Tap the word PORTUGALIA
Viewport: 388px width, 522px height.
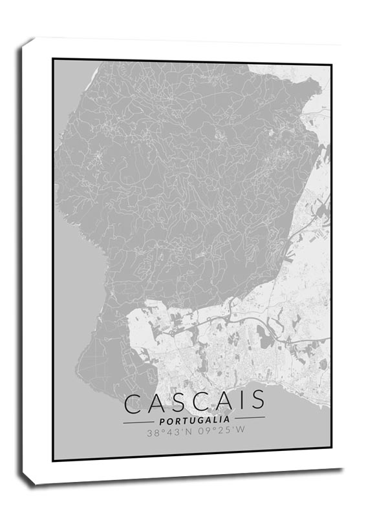click(194, 419)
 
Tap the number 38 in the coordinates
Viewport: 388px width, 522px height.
click(153, 433)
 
